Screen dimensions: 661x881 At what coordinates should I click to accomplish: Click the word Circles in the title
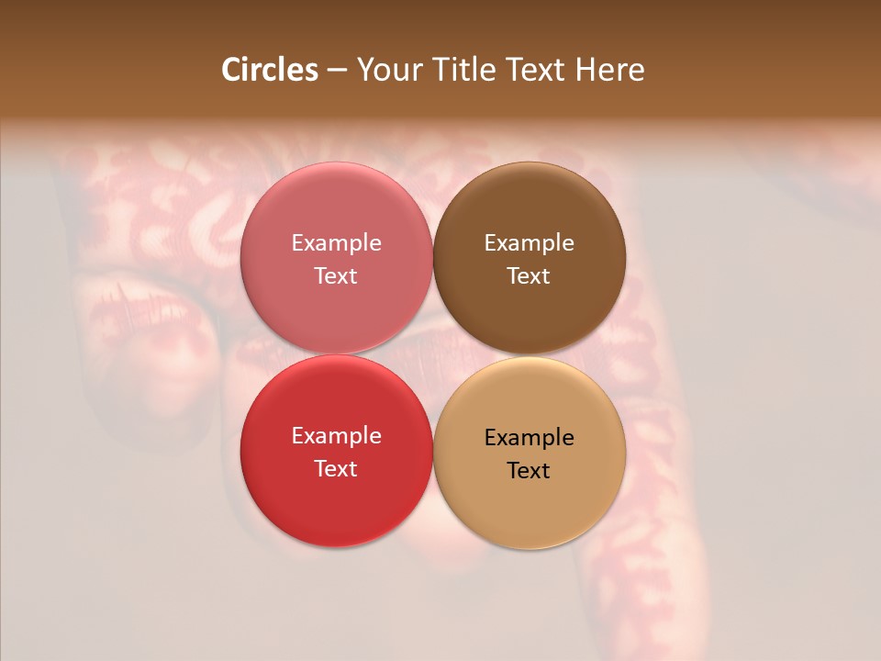point(270,70)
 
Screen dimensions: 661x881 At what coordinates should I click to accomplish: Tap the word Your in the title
point(388,70)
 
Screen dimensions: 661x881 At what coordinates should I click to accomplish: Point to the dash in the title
point(337,71)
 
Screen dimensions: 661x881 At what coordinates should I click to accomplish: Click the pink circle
point(336,211)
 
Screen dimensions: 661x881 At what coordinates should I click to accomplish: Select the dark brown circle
point(529,211)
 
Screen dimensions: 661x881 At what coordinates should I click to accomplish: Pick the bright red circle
point(336,497)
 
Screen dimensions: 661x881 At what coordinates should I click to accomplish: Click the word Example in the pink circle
point(336,242)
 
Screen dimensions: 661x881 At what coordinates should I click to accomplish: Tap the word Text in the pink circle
point(336,275)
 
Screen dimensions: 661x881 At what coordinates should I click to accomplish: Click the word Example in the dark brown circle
point(529,242)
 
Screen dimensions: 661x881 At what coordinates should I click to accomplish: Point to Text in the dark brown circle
point(529,275)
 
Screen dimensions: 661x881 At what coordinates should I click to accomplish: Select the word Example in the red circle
point(336,435)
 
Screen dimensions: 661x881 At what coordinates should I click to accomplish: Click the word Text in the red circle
point(336,468)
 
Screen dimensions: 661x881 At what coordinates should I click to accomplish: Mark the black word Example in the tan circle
point(529,437)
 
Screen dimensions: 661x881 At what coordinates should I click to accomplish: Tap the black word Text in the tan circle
point(529,470)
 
